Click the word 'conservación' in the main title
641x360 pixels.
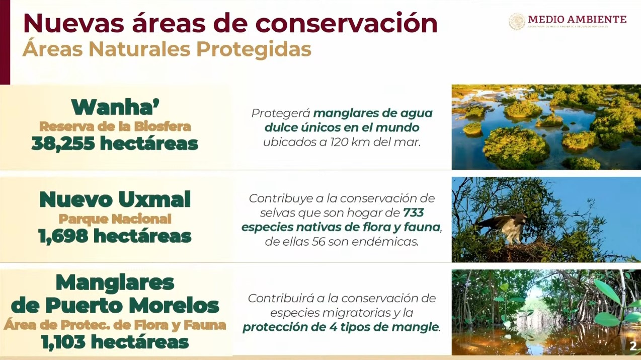(x=346, y=23)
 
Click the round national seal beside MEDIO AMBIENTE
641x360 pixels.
(x=517, y=22)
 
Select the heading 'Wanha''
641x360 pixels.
(x=115, y=107)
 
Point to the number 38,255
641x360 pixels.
(x=63, y=143)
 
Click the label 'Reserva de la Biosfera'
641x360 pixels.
(x=115, y=126)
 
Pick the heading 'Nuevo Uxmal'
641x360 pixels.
(x=115, y=199)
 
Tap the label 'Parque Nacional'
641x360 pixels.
(x=115, y=219)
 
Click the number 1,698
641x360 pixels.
(x=63, y=236)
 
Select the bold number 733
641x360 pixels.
(x=414, y=212)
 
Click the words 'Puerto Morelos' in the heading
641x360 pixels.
(x=132, y=306)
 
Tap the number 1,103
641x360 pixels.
(x=63, y=342)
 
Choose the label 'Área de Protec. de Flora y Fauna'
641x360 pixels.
(x=115, y=325)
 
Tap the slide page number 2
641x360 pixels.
(x=633, y=346)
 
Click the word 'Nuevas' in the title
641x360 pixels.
(x=73, y=23)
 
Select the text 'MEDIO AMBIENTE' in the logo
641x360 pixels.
(x=577, y=20)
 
